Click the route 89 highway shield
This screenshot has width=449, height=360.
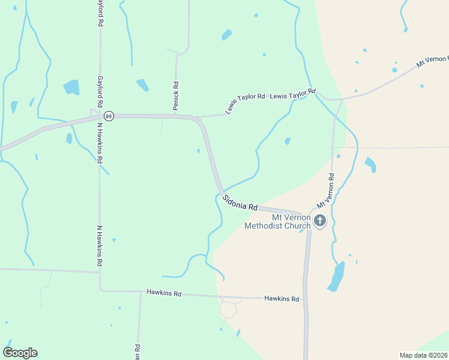(x=108, y=116)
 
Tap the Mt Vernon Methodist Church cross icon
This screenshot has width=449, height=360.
(x=320, y=221)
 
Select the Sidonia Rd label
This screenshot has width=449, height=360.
(x=240, y=202)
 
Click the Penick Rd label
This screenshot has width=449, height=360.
(x=176, y=95)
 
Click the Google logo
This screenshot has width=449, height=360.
(x=20, y=353)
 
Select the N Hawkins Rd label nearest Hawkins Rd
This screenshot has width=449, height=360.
(x=100, y=246)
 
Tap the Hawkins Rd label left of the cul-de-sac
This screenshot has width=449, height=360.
(x=164, y=293)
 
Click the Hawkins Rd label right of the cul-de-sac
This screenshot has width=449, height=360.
(x=282, y=298)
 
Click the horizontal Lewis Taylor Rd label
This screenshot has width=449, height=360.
(x=292, y=94)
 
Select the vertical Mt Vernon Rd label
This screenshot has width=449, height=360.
(x=330, y=191)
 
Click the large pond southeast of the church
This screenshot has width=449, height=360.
(x=336, y=277)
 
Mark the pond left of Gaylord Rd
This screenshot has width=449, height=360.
(x=71, y=88)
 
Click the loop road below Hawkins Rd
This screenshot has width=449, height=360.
(x=228, y=309)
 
